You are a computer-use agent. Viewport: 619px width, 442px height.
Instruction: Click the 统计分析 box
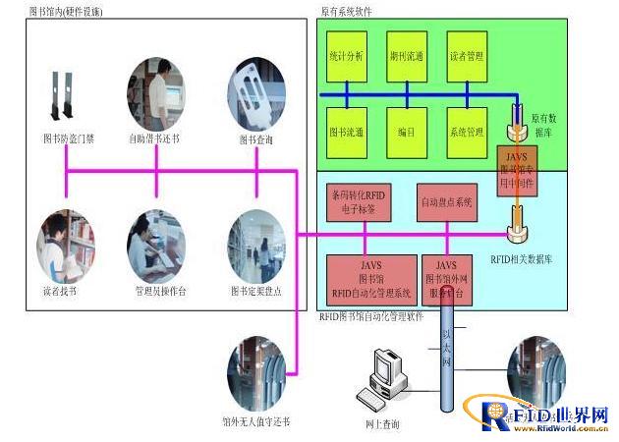tap(347, 57)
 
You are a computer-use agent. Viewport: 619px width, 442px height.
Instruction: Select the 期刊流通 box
tap(406, 57)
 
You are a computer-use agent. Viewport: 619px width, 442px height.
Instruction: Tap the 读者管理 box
tap(467, 57)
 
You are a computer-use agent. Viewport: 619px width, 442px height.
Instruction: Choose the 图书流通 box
tap(347, 131)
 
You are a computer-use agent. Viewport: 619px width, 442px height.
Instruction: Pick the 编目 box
tap(406, 131)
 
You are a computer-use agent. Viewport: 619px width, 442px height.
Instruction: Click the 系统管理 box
tap(467, 131)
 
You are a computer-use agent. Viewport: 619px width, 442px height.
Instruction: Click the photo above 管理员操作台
tap(156, 244)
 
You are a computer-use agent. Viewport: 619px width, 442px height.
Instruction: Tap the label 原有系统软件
tap(346, 12)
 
